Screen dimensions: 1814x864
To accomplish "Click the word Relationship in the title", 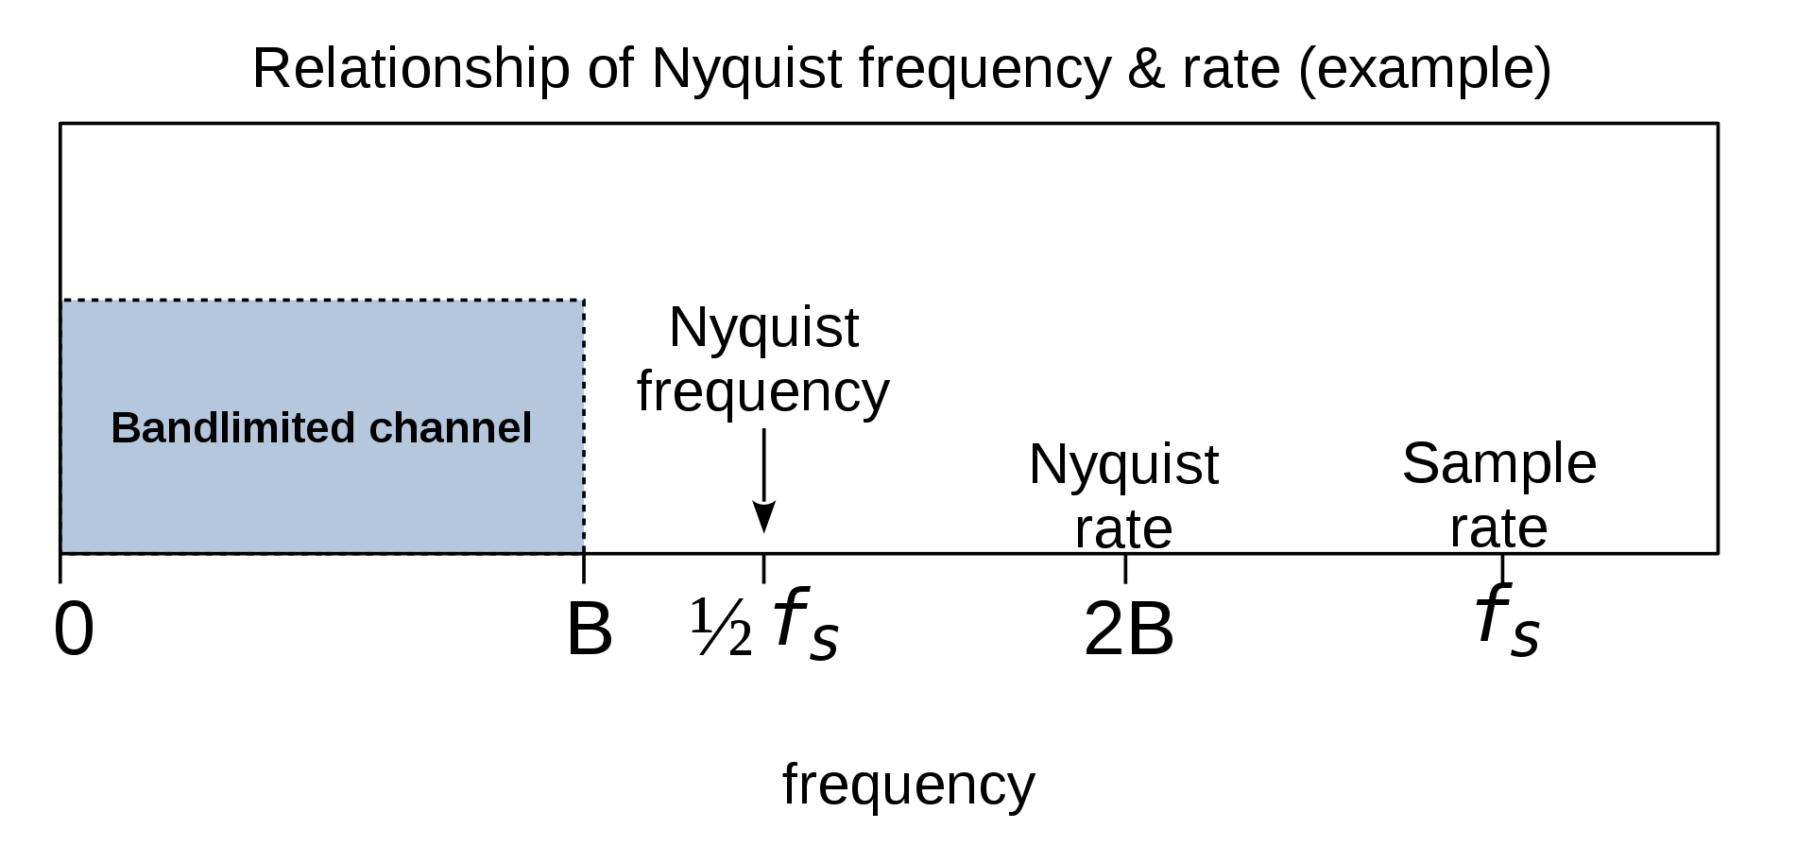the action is tap(411, 69).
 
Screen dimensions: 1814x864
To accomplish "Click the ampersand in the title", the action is tap(1147, 69).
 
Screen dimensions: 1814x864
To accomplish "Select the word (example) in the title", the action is tap(1425, 70).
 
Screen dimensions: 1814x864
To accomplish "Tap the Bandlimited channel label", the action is tap(321, 428).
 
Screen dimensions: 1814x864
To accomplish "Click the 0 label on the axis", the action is tap(75, 630).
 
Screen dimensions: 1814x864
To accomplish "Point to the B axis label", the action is tap(589, 630).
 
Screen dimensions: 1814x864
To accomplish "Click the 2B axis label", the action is tap(1128, 630).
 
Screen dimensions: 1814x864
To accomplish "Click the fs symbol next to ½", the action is tap(806, 622).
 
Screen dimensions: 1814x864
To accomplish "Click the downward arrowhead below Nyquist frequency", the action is tap(763, 518).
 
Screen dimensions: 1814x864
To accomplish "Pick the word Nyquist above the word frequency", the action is tap(763, 329).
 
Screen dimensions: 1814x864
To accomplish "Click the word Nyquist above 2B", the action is tap(1123, 466).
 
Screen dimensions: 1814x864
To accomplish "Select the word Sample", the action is tap(1499, 465).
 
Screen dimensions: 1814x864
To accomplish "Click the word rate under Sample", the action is tap(1498, 528).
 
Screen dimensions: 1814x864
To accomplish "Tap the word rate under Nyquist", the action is tap(1123, 529).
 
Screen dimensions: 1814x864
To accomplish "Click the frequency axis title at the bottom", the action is tap(909, 786).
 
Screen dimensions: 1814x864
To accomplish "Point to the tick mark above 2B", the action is tap(1125, 568).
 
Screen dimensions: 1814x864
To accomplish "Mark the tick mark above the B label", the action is tap(584, 568).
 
